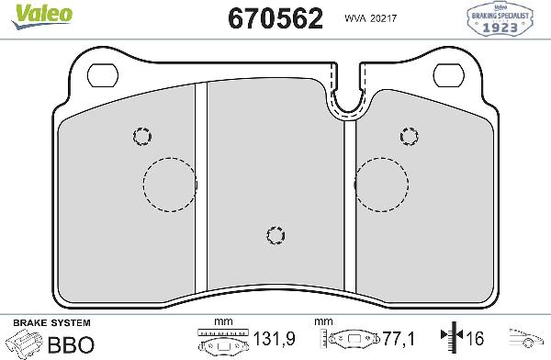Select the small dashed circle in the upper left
click(141, 136)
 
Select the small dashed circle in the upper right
click(410, 136)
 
